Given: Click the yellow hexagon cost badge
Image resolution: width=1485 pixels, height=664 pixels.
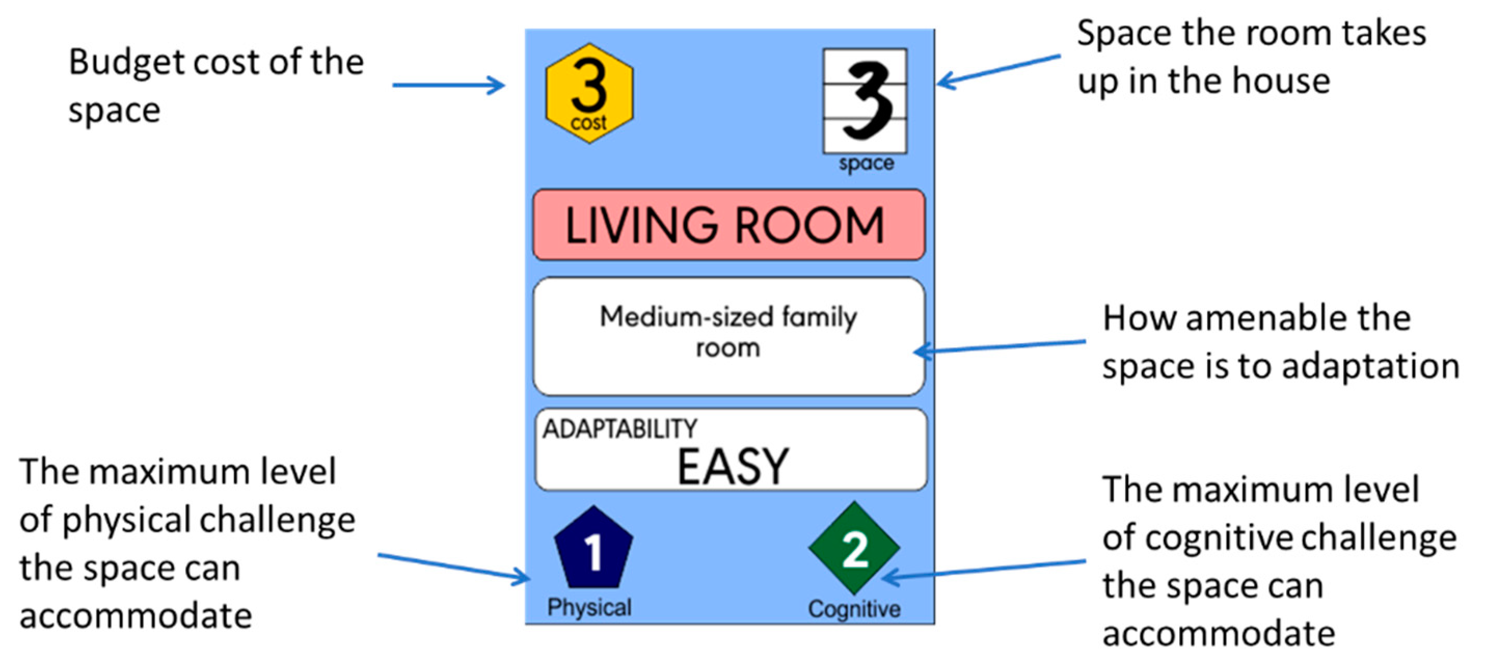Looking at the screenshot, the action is [589, 93].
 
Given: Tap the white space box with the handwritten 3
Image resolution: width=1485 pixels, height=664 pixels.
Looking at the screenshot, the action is [865, 101].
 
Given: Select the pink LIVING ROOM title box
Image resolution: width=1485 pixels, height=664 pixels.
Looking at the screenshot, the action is [728, 225].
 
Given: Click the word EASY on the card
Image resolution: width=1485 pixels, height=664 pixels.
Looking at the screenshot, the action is [733, 467].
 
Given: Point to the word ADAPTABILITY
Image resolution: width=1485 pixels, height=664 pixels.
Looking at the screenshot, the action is [620, 429].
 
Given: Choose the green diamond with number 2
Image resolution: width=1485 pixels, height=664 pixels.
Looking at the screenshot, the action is [854, 548].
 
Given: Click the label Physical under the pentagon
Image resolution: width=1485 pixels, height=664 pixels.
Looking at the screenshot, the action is [589, 607].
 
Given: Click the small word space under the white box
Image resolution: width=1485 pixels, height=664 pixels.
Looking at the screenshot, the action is [866, 164].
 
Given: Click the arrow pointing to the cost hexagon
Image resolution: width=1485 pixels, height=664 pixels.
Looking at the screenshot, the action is [449, 85].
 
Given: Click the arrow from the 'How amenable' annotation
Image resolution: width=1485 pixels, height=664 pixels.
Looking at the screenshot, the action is [1000, 346].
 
